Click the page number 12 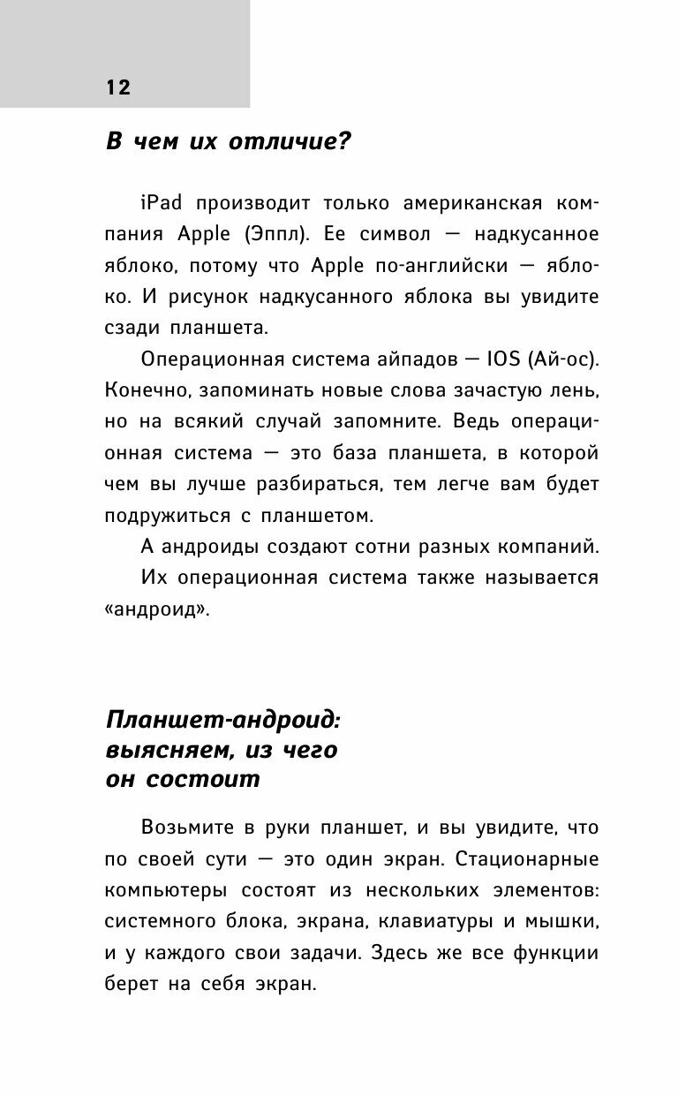coord(118,87)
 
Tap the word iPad coord(161,202)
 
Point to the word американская coord(453,202)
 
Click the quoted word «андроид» coord(157,609)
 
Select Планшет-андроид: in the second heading coord(222,720)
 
